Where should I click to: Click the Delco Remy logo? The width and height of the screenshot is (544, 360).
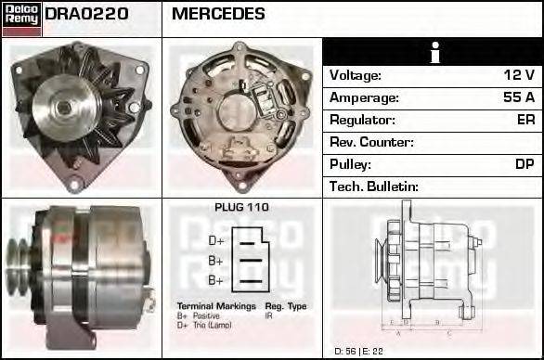click(21, 19)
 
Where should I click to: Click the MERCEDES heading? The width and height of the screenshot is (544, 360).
click(218, 14)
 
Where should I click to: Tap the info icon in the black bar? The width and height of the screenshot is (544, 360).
click(433, 52)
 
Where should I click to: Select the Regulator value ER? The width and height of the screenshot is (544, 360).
click(525, 120)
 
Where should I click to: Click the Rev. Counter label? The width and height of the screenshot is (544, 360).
click(371, 142)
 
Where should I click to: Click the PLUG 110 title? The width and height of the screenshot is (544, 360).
click(241, 207)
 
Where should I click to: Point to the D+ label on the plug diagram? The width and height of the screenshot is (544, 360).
click(215, 240)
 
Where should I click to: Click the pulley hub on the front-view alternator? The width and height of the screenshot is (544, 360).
click(63, 108)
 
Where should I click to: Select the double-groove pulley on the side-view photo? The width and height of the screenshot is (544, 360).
click(19, 261)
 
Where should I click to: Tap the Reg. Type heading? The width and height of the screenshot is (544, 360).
click(285, 305)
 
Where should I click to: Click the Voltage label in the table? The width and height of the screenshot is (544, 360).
click(356, 75)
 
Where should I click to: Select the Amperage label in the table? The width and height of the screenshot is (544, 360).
click(365, 97)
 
